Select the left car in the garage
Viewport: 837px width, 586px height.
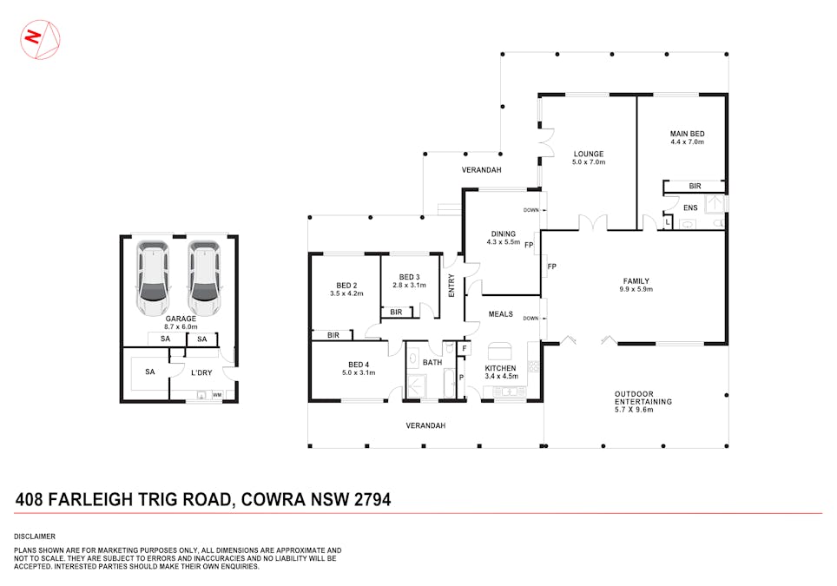pyautogui.click(x=154, y=278)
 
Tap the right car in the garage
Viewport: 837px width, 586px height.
pyautogui.click(x=204, y=278)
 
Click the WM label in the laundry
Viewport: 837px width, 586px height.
pyautogui.click(x=217, y=395)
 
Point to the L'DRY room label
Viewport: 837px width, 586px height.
pyautogui.click(x=201, y=373)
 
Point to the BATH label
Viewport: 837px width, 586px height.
pyautogui.click(x=432, y=363)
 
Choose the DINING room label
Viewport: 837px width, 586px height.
pyautogui.click(x=504, y=233)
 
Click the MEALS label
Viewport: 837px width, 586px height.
pyautogui.click(x=501, y=313)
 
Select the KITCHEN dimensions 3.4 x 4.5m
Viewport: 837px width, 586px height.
pyautogui.click(x=501, y=377)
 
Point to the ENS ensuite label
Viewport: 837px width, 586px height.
pyautogui.click(x=691, y=207)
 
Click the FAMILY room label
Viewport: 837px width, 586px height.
pyautogui.click(x=636, y=280)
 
